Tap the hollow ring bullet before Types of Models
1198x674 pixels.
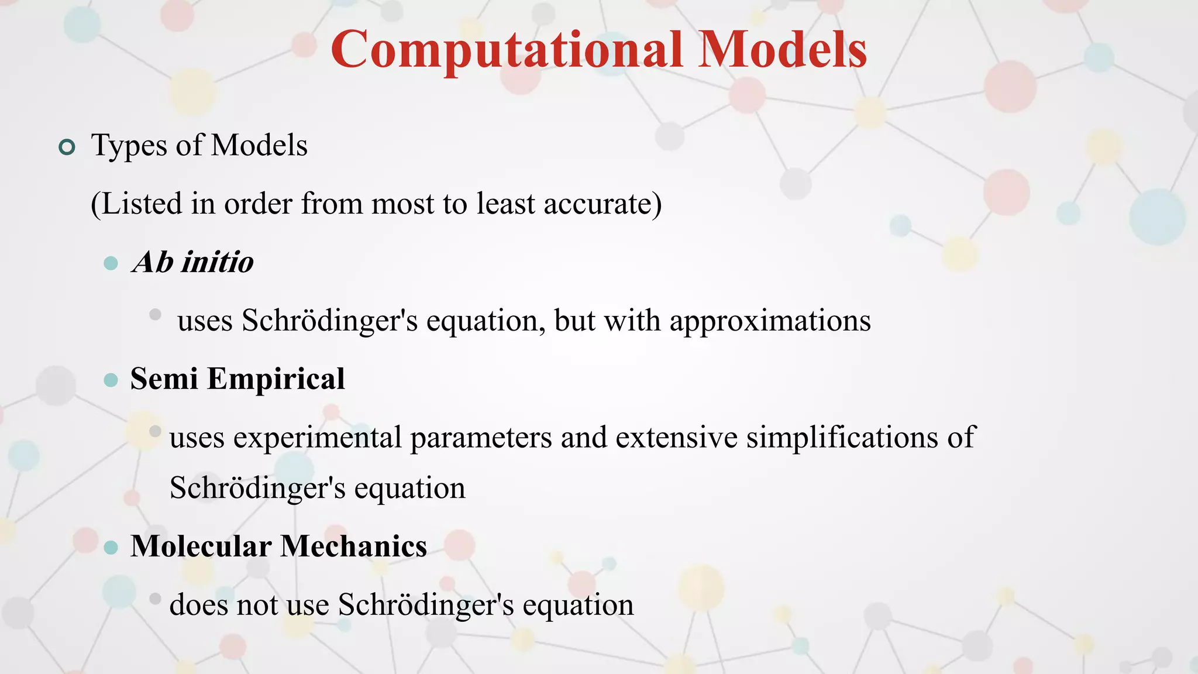pos(67,147)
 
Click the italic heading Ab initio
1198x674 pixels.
pos(192,262)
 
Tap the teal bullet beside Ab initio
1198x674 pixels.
pos(111,263)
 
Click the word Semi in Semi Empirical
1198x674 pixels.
pos(164,379)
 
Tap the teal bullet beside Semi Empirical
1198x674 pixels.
pos(111,381)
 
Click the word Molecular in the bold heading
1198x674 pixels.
pos(201,546)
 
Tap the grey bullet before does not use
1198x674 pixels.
pos(155,599)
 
